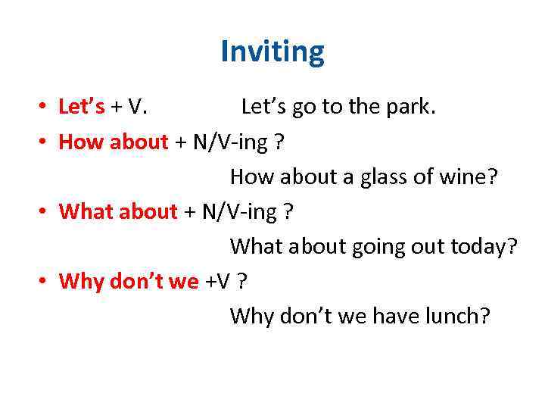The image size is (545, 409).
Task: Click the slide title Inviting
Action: pyautogui.click(x=272, y=52)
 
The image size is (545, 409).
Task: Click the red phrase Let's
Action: pyautogui.click(x=82, y=107)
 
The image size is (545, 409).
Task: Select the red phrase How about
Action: pyautogui.click(x=114, y=142)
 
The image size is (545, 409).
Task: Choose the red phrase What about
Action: pyautogui.click(x=118, y=211)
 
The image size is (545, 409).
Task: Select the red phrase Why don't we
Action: pyautogui.click(x=129, y=281)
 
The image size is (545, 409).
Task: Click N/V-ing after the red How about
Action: pyautogui.click(x=234, y=142)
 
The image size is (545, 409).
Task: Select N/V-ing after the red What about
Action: pyautogui.click(x=239, y=211)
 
